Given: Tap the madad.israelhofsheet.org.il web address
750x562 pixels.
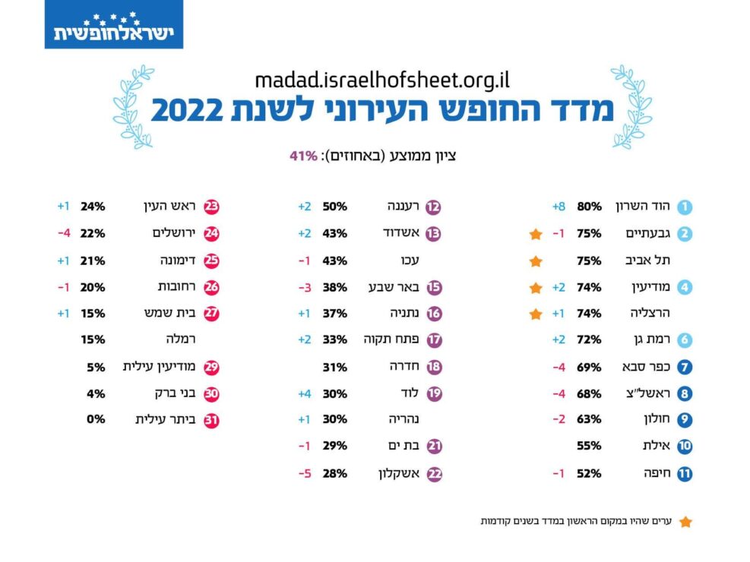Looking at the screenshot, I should [x=382, y=78].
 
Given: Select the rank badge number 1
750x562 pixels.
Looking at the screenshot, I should [x=685, y=207].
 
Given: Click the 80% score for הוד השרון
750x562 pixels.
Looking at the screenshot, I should [x=589, y=207].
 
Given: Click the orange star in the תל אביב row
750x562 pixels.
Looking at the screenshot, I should [x=536, y=261].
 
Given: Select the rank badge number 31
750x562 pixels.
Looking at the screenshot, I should [x=211, y=420].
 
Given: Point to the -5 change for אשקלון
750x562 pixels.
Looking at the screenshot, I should [x=303, y=473].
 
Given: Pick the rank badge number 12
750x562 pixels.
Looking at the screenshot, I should [x=434, y=207].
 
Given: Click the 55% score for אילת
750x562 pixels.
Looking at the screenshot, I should [x=589, y=447].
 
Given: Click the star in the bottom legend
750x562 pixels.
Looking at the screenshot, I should [x=685, y=522].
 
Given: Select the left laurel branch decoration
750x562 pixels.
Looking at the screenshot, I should [x=134, y=106].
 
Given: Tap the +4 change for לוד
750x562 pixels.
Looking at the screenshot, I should [x=303, y=393].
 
